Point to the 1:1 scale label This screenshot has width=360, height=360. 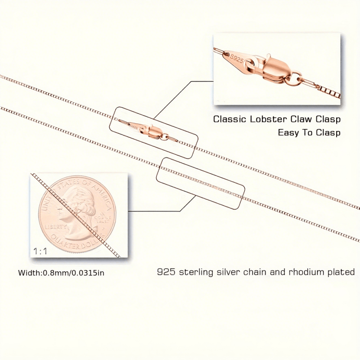tap(40, 251)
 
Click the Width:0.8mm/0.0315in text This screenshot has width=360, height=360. tap(61, 273)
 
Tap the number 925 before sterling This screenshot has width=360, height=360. tap(166, 272)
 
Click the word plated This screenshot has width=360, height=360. tap(340, 273)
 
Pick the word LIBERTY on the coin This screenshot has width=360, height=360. tap(56, 227)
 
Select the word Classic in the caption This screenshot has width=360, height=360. tap(230, 119)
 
